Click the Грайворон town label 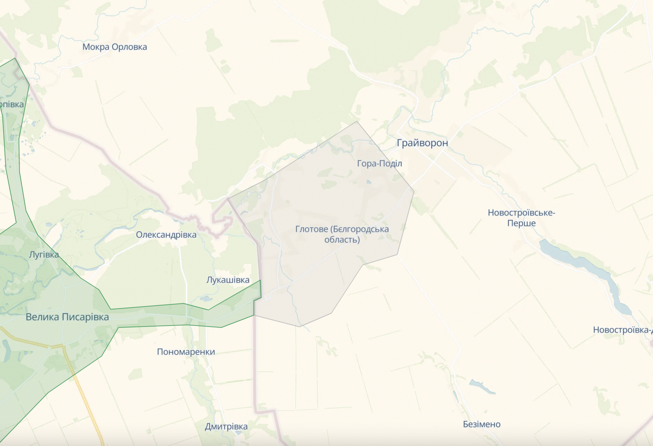(422, 143)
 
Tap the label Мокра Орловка (115, 47)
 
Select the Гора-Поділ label (379, 163)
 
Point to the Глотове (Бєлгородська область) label (342, 234)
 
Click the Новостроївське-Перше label (521, 218)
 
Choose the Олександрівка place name (166, 235)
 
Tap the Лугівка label (44, 255)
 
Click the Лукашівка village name (228, 280)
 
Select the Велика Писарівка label (67, 317)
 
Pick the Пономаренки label (186, 352)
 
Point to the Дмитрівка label (226, 426)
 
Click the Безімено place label (482, 424)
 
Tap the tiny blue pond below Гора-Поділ (369, 182)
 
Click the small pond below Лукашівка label (206, 298)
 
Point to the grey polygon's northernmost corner (357, 121)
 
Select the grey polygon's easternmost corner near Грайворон (414, 192)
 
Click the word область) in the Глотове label (342, 240)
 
